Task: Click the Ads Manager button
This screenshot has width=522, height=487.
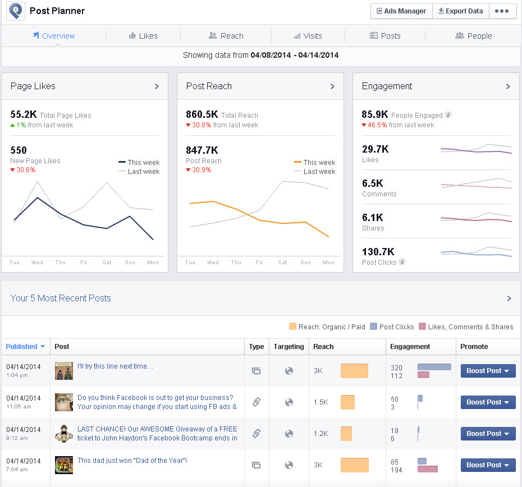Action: click(401, 11)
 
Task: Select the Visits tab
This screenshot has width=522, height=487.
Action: click(308, 36)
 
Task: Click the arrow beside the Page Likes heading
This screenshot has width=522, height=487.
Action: click(157, 86)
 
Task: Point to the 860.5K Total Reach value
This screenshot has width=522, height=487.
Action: click(202, 115)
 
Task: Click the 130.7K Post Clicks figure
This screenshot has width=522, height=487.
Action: click(378, 252)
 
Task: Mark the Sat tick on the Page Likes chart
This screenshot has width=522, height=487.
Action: click(107, 263)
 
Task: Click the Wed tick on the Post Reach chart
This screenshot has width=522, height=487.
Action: click(213, 263)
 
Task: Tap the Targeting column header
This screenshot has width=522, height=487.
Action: click(289, 347)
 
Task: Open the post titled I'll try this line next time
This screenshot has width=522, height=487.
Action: click(115, 366)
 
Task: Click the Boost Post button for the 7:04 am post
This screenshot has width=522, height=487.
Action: click(488, 465)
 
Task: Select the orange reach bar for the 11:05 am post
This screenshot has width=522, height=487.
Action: click(347, 402)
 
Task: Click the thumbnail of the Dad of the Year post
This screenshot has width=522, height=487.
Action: click(64, 465)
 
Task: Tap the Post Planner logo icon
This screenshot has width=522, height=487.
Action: click(15, 11)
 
